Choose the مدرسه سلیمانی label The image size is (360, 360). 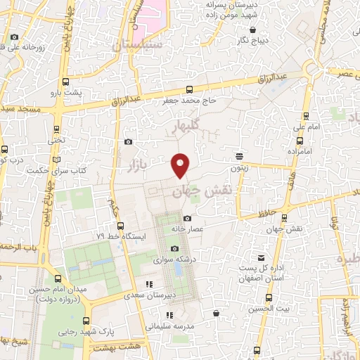pos(169,326)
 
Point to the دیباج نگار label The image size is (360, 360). pos(253,40)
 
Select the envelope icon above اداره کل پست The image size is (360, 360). pos(262,258)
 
